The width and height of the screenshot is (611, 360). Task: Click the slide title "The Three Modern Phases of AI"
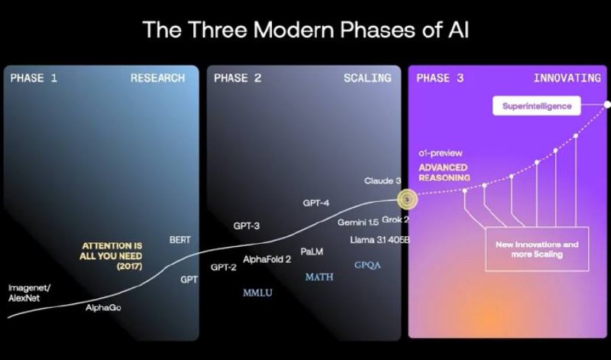coord(305,29)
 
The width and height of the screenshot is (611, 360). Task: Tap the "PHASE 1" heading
coord(34,78)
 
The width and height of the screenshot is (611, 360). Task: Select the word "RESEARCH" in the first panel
coord(157,78)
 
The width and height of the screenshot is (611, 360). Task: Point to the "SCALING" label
coord(367,78)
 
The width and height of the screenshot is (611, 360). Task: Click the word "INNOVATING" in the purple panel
coord(567,78)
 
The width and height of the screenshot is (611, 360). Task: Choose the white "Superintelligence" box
coord(537,105)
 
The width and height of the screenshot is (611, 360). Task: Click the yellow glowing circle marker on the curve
coord(407,199)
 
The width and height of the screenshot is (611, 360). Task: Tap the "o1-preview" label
coord(441,154)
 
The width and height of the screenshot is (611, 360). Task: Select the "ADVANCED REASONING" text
coord(445,173)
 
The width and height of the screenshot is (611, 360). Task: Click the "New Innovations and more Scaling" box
coord(537,249)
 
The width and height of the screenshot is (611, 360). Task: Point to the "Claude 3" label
coord(383,180)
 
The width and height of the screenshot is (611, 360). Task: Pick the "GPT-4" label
coord(315,203)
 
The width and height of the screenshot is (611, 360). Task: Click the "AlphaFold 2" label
coord(267,259)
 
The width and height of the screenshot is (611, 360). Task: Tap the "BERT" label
coord(180,239)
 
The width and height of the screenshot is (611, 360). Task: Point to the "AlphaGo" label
coord(103,307)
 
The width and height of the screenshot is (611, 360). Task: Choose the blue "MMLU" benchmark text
coord(257,293)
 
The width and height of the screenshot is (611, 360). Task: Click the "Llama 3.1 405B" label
coord(380,239)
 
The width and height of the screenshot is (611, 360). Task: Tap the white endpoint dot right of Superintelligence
coord(606,104)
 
